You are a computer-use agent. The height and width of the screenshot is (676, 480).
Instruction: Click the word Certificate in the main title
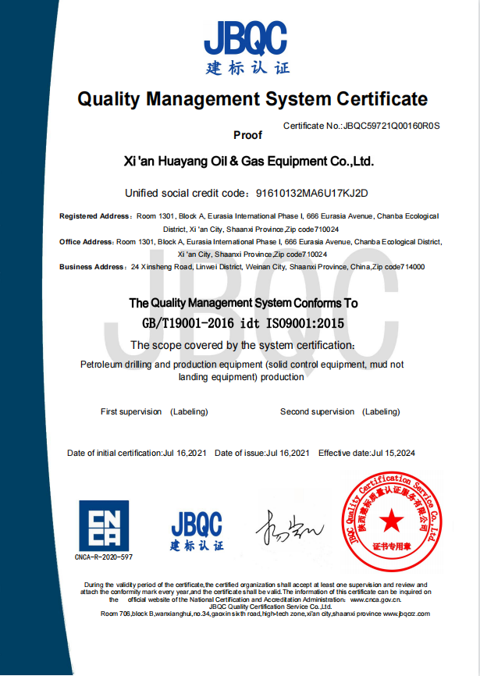tap(382, 99)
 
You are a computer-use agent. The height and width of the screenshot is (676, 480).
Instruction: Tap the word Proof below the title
tap(247, 135)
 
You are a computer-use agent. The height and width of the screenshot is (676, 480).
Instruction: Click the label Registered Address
tap(95, 216)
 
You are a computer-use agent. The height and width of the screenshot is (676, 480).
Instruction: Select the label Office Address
tap(87, 242)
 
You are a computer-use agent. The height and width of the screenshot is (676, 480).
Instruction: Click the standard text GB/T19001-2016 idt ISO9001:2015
tap(243, 322)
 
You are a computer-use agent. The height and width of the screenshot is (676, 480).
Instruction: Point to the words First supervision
tap(131, 411)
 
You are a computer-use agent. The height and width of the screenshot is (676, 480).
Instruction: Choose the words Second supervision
tap(317, 411)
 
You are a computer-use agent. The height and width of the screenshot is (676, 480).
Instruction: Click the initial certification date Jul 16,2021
tap(184, 453)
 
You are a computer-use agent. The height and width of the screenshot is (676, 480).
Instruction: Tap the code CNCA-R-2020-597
tap(104, 557)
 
